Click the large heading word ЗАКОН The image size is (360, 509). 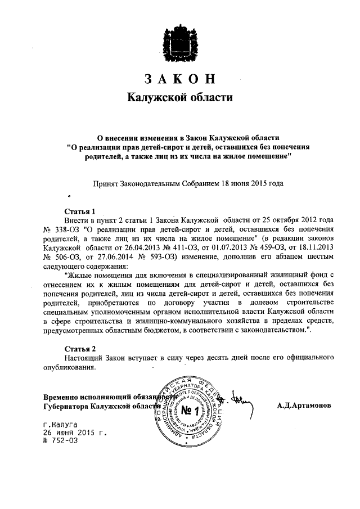(x=179, y=78)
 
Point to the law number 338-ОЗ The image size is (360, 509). (x=66, y=229)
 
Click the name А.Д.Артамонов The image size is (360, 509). (x=304, y=405)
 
